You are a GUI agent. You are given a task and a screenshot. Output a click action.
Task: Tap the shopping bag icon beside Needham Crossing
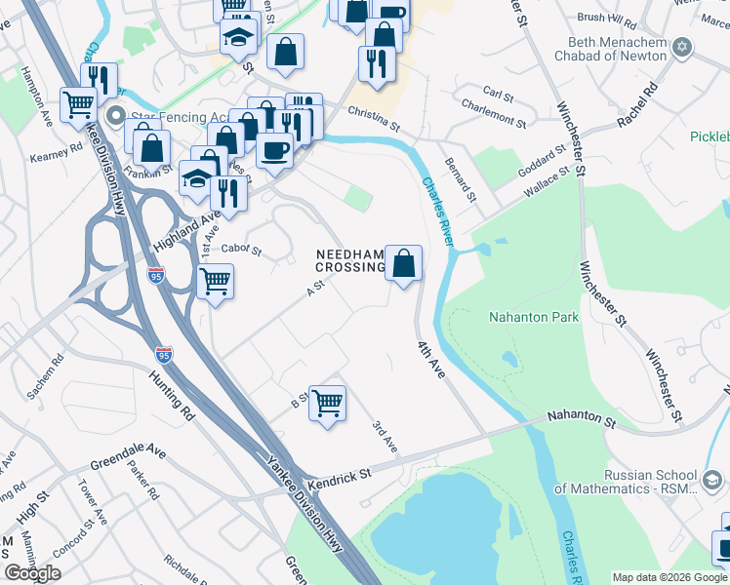point(403,263)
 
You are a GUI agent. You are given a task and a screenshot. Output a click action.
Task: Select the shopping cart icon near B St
point(328,402)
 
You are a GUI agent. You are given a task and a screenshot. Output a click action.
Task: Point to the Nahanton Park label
point(534,317)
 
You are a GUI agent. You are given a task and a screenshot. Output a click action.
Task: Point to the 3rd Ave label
point(385,436)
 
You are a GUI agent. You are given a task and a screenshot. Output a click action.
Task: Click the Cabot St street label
point(241,250)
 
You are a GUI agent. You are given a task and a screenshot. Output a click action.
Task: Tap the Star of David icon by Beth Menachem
point(682,47)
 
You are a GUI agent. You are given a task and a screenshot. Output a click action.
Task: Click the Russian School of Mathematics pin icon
point(713,479)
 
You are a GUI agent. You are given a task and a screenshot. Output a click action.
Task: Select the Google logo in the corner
point(32,573)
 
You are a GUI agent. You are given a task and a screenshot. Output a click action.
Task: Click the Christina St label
point(375,118)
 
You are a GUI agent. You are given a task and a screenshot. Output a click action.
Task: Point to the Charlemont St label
point(493,115)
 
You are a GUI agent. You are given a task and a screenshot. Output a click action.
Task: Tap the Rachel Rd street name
point(636,104)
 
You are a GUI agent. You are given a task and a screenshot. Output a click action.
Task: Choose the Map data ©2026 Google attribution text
point(669,576)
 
